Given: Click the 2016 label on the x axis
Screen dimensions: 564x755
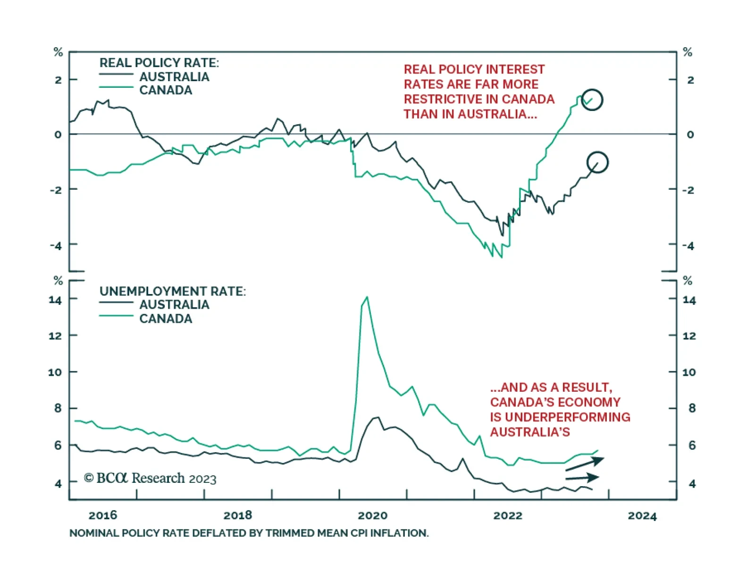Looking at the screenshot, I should click(x=102, y=515).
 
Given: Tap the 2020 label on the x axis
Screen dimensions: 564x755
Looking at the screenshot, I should click(x=372, y=515).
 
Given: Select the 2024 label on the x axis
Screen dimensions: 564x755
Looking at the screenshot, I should click(x=642, y=515).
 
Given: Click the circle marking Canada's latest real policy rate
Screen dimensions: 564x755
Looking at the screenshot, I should click(x=592, y=100).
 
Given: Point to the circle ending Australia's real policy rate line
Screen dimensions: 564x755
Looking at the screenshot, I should click(x=597, y=162).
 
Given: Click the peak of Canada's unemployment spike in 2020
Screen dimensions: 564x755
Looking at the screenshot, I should click(x=367, y=297).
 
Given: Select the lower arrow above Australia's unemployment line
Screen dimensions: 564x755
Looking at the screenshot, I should click(x=583, y=478).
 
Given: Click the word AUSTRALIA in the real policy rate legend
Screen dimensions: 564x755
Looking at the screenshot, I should click(x=174, y=77).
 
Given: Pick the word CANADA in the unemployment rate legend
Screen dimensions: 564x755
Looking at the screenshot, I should click(x=166, y=319).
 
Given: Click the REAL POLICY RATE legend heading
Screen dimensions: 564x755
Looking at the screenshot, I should click(x=159, y=63).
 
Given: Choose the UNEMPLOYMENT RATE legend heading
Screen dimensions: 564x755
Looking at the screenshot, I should click(x=172, y=291).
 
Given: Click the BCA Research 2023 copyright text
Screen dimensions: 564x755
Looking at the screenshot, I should click(x=150, y=478).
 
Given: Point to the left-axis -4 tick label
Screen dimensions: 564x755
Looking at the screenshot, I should click(x=56, y=245).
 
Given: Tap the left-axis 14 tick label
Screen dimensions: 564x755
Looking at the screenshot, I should click(x=55, y=300).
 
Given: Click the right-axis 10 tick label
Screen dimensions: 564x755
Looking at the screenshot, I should click(x=689, y=372).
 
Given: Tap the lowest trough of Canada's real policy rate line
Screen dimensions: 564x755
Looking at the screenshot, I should click(x=501, y=257).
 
